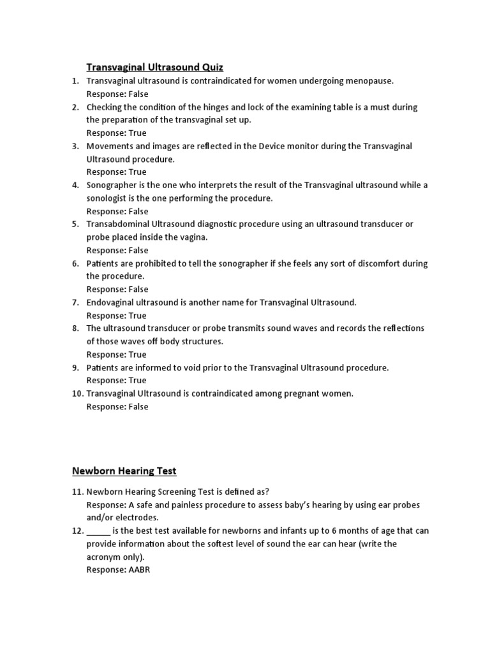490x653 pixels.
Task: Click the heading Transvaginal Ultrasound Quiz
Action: point(155,67)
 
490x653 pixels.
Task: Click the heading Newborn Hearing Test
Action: point(124,471)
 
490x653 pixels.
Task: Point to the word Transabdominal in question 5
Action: point(118,224)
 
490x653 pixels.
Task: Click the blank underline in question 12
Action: point(98,531)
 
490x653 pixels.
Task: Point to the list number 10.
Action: point(77,393)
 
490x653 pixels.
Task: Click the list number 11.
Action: point(77,492)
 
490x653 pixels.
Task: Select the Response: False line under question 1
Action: point(117,94)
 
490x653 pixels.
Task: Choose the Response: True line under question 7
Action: point(116,315)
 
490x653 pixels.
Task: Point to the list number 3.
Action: point(75,146)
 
